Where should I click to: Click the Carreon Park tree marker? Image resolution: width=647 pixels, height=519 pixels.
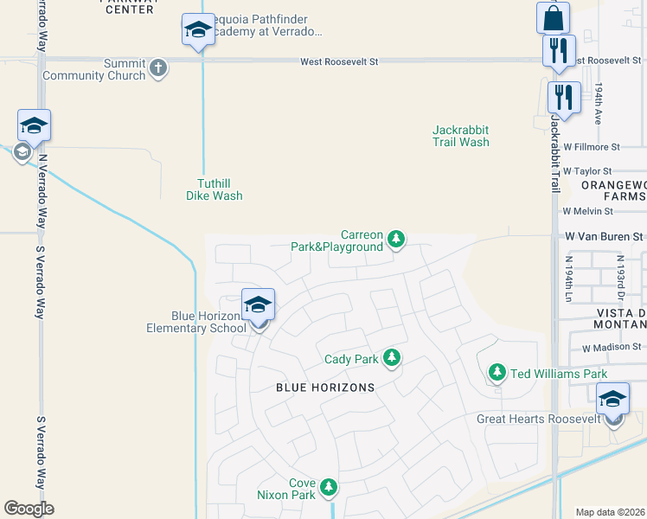tap(396, 238)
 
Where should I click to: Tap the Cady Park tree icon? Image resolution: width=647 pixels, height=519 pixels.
tap(392, 357)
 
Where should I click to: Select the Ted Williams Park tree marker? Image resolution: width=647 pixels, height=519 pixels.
tap(496, 372)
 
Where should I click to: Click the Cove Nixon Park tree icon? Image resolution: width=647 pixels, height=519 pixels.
tap(328, 488)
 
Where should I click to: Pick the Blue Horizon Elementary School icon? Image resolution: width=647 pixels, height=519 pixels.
tap(258, 305)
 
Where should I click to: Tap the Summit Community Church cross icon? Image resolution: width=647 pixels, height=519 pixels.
tap(157, 67)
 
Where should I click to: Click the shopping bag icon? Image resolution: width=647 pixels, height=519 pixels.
tap(553, 17)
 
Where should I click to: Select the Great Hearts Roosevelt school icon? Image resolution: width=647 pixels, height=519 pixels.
tap(613, 399)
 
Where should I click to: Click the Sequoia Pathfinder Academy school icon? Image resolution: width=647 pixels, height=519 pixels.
tap(198, 30)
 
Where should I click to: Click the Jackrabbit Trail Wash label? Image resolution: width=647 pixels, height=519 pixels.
tap(461, 136)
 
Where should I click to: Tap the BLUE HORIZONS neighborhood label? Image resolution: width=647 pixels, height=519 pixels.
tap(325, 388)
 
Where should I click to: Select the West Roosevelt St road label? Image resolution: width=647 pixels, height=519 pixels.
tap(340, 61)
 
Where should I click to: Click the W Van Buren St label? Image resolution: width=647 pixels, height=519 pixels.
tap(605, 235)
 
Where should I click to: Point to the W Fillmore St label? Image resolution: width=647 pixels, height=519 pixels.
tap(592, 148)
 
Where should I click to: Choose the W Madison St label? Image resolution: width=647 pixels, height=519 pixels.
tap(610, 348)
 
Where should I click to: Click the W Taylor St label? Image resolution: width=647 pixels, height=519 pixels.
tap(587, 171)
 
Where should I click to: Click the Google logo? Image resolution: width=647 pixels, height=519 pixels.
tap(29, 509)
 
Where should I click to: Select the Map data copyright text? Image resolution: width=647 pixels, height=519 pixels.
tap(611, 512)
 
